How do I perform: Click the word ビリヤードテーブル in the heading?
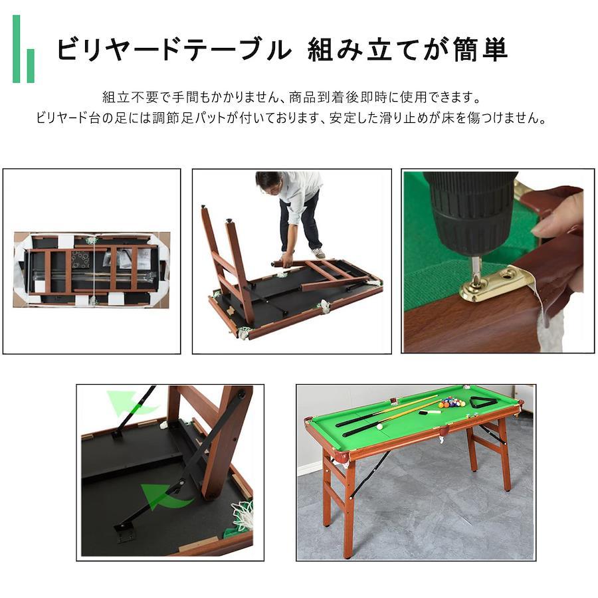174,50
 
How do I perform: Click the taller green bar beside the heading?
16,49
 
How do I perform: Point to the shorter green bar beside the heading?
31,66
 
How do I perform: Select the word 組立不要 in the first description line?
130,97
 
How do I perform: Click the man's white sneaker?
318,253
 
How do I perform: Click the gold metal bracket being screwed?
494,283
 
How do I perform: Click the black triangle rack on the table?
482,403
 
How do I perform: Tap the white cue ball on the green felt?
379,427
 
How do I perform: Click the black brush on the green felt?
429,412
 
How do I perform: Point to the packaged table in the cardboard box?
92,269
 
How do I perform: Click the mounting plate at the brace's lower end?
124,532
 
